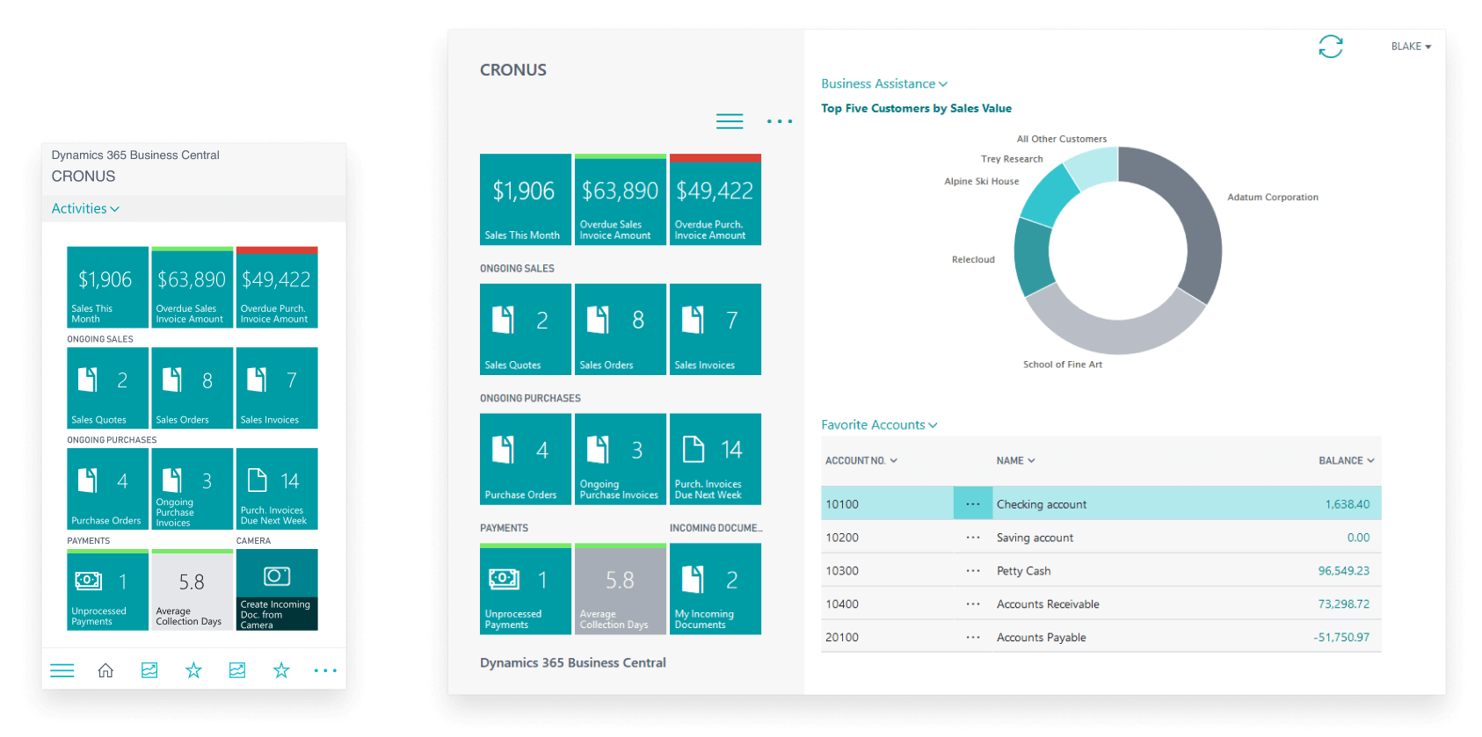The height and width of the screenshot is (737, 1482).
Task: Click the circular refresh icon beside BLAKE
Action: pos(1330,47)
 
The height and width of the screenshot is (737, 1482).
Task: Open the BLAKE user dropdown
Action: pos(1410,47)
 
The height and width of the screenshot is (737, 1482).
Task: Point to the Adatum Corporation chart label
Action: pos(1272,198)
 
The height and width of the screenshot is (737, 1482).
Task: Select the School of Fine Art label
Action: pos(1062,365)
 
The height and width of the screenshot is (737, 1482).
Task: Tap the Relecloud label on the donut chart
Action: pos(973,260)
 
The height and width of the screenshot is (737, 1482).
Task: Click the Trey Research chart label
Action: pos(1012,159)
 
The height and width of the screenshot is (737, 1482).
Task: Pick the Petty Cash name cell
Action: pos(1023,571)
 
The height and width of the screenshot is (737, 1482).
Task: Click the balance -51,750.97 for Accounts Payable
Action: pos(1341,638)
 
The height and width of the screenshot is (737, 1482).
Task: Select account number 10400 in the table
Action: pos(842,604)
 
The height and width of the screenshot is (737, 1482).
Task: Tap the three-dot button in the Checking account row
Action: pos(973,504)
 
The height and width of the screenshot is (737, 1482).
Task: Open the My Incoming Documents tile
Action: pos(715,589)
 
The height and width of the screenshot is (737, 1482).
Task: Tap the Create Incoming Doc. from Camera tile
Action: pos(277,589)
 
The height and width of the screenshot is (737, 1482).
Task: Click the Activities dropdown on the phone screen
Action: pos(85,209)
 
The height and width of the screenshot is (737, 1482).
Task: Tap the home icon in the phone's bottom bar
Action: pos(105,671)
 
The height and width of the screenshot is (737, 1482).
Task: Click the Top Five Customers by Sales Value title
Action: pos(916,109)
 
